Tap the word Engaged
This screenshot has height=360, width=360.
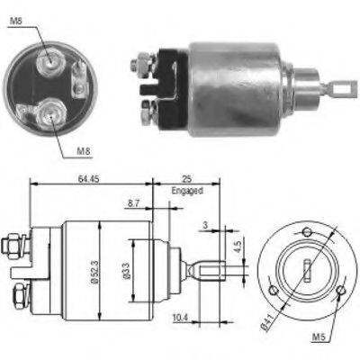pyautogui.click(x=185, y=191)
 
